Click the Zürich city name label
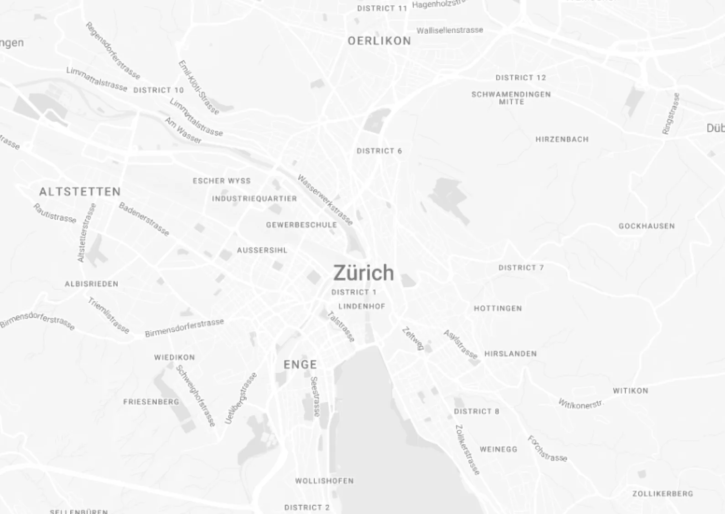(363, 273)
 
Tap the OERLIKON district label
(379, 41)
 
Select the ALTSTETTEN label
(80, 191)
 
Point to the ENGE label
(300, 365)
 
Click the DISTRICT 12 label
(521, 78)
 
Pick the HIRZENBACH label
(562, 139)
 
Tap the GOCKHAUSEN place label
(647, 226)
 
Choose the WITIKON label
(630, 391)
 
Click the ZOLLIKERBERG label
(663, 493)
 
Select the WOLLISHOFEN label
(324, 481)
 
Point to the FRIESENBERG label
(151, 402)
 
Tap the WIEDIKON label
(174, 357)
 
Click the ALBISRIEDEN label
(91, 284)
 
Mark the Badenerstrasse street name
(144, 219)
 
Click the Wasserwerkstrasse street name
(325, 200)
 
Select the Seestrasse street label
(315, 396)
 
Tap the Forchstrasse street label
(547, 449)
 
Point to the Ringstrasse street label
(671, 113)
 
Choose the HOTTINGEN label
(498, 308)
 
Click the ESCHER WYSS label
(222, 181)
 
